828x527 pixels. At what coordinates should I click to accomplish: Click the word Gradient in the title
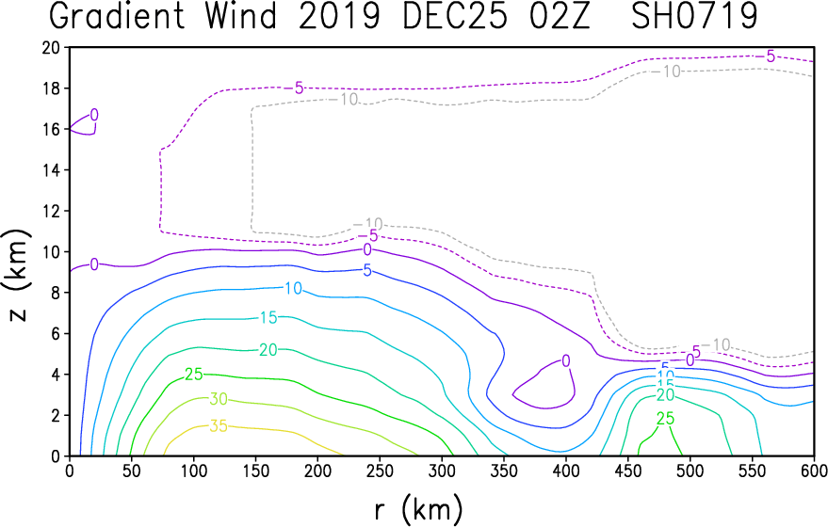click(117, 16)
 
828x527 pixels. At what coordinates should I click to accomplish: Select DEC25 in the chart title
click(455, 16)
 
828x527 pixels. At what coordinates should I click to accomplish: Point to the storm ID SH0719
click(695, 16)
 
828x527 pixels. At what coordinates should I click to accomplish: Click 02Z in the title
click(559, 16)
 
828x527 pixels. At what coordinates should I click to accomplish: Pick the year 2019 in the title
click(339, 16)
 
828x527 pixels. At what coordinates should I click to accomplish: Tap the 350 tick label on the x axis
click(504, 471)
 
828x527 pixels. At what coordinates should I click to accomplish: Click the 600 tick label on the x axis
click(814, 471)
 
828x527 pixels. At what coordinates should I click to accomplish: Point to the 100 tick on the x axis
click(194, 471)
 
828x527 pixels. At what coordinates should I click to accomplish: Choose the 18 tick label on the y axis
click(51, 88)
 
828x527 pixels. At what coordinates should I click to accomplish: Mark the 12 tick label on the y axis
click(51, 211)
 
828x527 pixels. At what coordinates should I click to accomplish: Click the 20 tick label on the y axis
click(51, 47)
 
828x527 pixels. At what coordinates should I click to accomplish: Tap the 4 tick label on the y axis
click(56, 375)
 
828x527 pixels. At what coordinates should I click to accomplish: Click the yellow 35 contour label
click(219, 425)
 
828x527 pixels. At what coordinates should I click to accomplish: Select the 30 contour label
click(219, 399)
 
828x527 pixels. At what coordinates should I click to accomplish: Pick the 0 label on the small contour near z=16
click(94, 115)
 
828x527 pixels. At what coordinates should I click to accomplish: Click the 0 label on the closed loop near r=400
click(565, 360)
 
